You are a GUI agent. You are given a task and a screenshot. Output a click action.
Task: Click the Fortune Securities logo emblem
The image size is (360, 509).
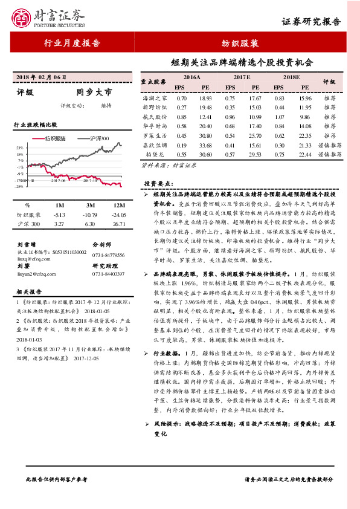pyautogui.click(x=22, y=17)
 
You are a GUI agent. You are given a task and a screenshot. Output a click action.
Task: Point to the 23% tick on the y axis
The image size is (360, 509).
pyautogui.click(x=20, y=148)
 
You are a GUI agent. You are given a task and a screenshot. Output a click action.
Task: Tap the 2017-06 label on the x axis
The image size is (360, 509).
pyautogui.click(x=59, y=180)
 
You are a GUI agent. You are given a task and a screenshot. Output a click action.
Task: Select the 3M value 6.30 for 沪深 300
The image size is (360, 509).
pyautogui.click(x=91, y=224)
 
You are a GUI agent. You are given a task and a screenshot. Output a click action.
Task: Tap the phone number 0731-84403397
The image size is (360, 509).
pyautogui.click(x=108, y=274)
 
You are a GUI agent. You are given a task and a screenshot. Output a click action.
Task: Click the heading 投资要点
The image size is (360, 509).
pyautogui.click(x=158, y=183)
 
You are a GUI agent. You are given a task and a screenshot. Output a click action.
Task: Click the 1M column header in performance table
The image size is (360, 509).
pyautogui.click(x=59, y=205)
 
